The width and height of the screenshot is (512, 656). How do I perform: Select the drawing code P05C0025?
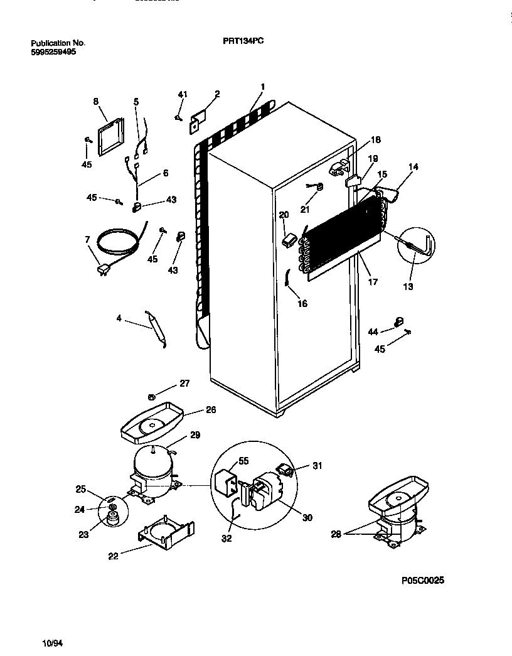[422, 581]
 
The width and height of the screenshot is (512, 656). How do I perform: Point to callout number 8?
[96, 100]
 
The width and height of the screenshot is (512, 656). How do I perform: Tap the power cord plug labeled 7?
[101, 269]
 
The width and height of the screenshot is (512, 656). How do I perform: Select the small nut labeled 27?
[152, 396]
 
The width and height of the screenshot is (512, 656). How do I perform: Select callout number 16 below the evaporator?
[302, 304]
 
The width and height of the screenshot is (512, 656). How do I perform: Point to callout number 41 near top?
[183, 95]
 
